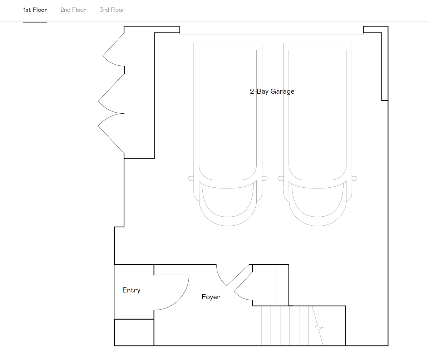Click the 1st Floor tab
35,10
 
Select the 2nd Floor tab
73,10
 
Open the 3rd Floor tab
112,10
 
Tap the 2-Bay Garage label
272,92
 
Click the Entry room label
131,290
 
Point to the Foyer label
211,297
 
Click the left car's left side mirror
191,178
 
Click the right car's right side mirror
354,178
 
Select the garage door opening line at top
272,35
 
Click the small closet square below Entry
134,332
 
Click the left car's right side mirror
265,178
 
